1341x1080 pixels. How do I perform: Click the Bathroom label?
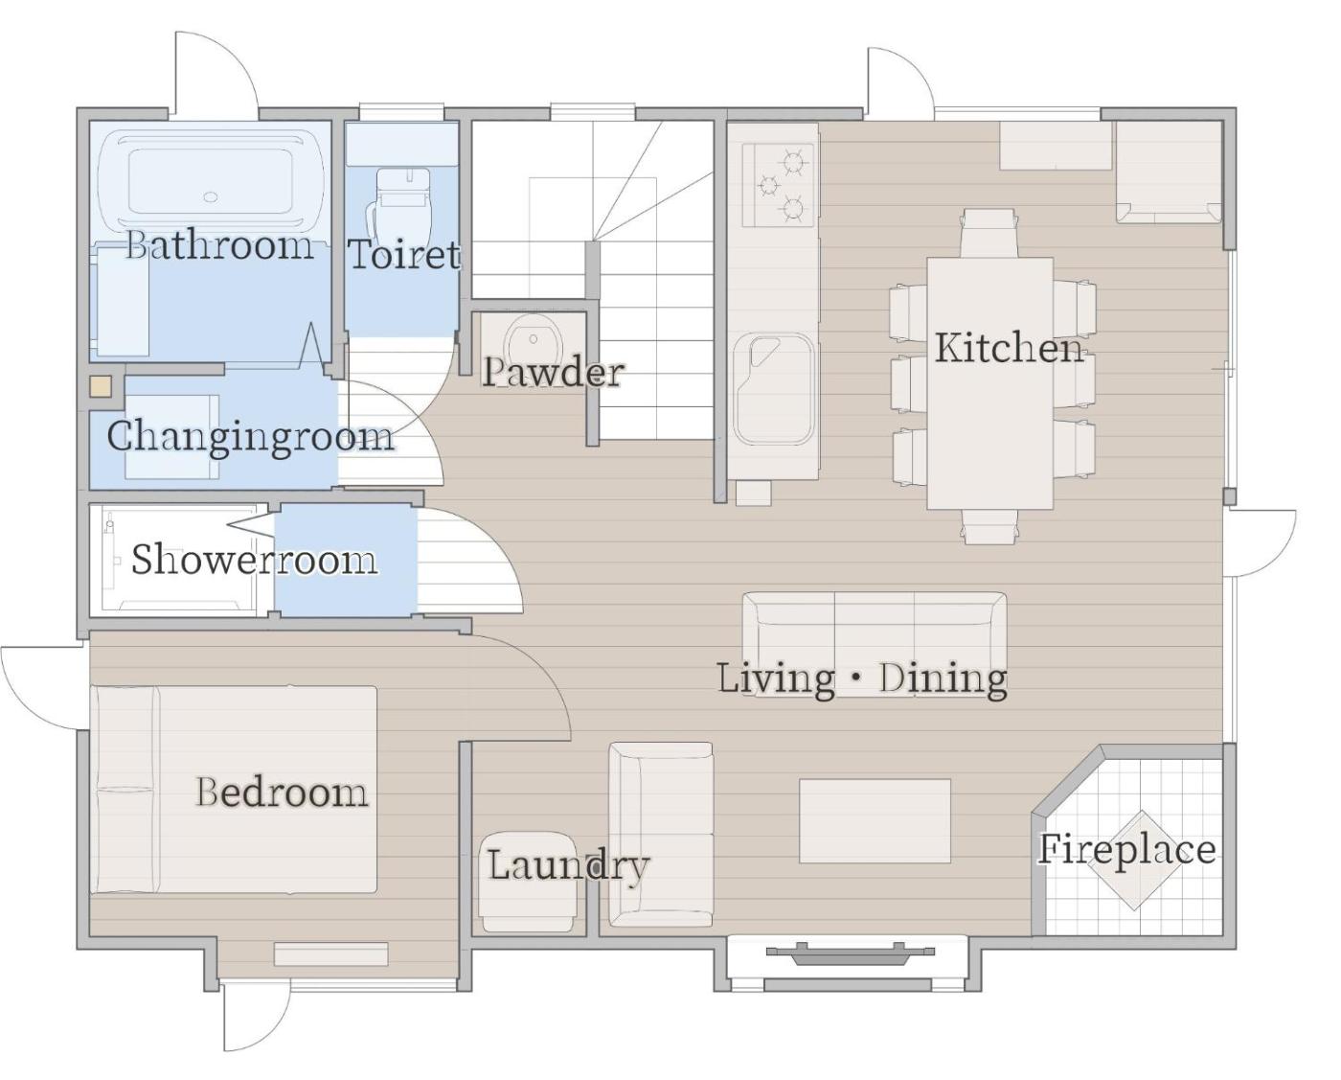coord(219,245)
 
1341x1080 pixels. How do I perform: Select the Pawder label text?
coord(553,372)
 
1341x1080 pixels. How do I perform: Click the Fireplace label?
coord(1126,849)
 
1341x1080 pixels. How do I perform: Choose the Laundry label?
coord(568,865)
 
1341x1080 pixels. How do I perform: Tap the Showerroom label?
coord(254,560)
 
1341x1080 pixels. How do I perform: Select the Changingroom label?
coord(251,437)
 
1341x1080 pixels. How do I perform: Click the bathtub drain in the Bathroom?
coord(211,197)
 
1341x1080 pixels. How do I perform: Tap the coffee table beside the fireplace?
coord(875,820)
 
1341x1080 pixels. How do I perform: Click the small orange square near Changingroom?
coord(101,386)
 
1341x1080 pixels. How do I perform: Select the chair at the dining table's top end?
coord(989,233)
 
